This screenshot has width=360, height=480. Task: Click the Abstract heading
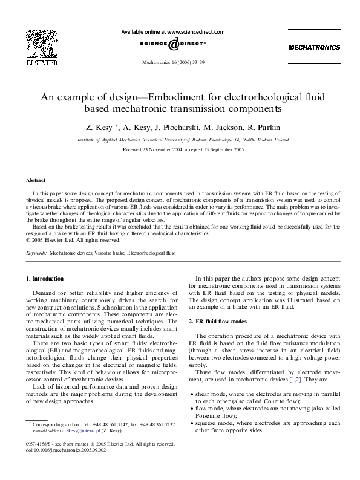coord(36,180)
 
